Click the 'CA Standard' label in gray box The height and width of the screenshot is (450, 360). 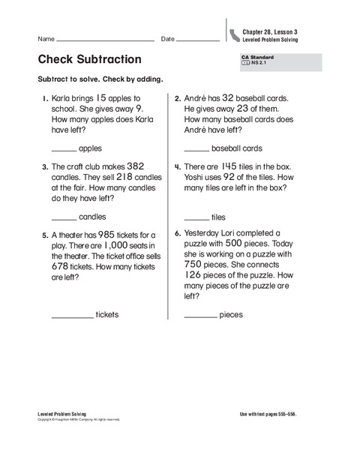click(x=257, y=58)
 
